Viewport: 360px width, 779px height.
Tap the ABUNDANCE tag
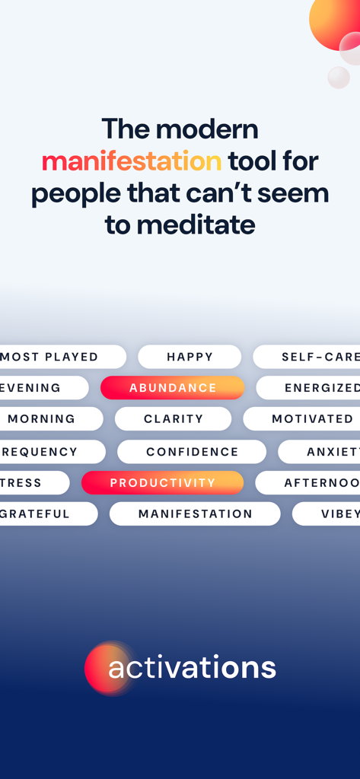point(173,388)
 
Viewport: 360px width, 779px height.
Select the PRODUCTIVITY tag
point(162,483)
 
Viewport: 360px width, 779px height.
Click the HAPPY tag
point(190,357)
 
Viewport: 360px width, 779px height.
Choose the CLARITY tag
point(174,418)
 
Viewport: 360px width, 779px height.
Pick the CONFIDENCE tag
point(192,452)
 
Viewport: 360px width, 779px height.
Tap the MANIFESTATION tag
point(195,514)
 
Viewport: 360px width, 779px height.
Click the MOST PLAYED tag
point(53,357)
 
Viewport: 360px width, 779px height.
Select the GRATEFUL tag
point(38,514)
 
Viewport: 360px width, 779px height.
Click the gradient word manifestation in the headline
point(132,161)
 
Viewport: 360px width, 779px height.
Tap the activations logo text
point(192,668)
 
